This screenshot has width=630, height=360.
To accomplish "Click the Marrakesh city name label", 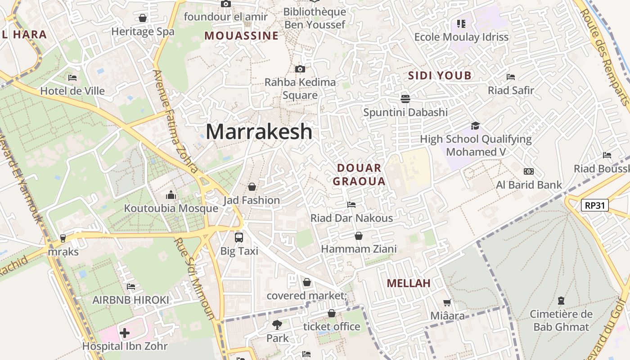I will point(259,131).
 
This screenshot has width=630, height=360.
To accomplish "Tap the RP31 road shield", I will point(594,206).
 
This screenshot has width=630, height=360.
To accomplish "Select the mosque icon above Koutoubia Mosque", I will point(171,195).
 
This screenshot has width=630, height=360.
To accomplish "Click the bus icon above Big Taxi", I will point(239,237).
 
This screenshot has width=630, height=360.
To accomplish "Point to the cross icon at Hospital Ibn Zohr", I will point(125,333).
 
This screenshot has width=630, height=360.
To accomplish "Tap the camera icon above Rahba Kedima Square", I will point(300,69).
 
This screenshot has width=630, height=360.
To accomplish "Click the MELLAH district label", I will point(409,283).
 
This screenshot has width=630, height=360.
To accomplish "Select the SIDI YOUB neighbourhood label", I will point(439,76).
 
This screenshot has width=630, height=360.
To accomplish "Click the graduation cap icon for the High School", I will point(476,126).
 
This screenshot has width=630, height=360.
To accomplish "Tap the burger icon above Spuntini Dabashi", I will point(405,99).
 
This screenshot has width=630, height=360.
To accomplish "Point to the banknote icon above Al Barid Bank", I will point(529,171).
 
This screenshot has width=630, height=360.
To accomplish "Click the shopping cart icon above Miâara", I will point(447,302).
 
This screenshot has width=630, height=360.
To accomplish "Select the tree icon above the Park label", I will point(277,324).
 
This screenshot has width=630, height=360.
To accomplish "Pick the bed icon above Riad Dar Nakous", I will point(351,205).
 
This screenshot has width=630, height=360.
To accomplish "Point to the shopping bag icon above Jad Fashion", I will point(252,186).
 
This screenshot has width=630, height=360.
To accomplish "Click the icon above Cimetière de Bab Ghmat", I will point(561,300).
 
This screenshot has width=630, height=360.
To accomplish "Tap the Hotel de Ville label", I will point(72,91).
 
